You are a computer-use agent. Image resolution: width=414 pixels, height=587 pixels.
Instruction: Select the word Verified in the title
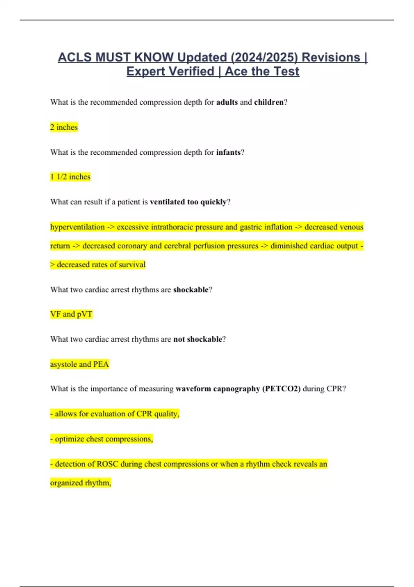coord(193,71)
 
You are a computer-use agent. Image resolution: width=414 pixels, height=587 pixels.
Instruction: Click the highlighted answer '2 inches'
coord(64,127)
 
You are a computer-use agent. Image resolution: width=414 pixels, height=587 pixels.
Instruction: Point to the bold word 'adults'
coord(227,102)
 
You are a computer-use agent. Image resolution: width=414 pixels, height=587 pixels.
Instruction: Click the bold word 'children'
coord(268,102)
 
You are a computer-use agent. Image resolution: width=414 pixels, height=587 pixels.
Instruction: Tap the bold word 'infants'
coord(228,152)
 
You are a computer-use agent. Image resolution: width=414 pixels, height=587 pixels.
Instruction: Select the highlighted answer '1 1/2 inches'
coord(70,177)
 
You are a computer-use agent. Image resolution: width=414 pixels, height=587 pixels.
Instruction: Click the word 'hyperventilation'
coord(77,227)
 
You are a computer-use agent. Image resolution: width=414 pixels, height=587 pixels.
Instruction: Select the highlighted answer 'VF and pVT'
coord(71,314)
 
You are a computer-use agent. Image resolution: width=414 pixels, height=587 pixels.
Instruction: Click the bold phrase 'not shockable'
coord(197,339)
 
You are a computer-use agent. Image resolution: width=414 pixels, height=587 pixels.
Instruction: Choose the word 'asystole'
coord(63,364)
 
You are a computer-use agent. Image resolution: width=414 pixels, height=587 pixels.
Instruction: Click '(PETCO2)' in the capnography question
coord(281,389)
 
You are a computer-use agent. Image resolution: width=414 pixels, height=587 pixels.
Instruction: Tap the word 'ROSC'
coord(107,464)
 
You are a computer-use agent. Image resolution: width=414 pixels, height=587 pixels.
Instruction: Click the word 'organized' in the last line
coord(66,483)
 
